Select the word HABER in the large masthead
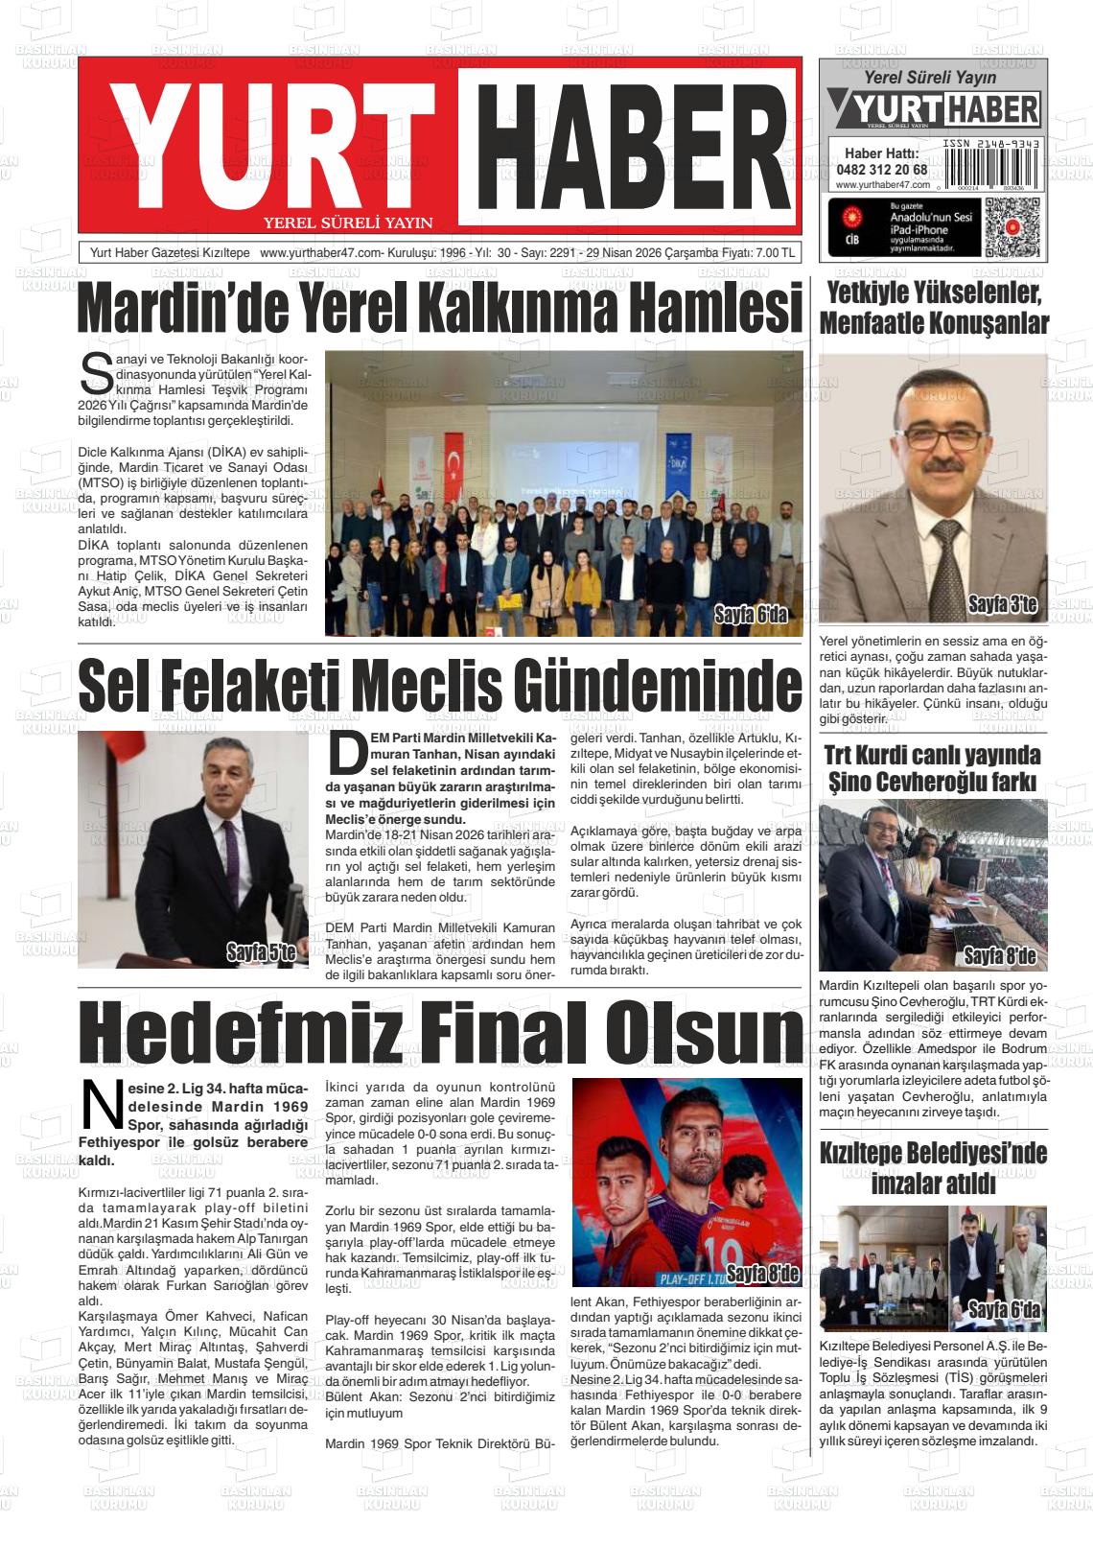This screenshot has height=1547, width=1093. click(626, 144)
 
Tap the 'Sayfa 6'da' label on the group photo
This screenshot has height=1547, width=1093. click(750, 614)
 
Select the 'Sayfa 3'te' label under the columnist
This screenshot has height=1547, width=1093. click(1002, 605)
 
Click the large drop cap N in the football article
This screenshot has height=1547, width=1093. click(99, 1105)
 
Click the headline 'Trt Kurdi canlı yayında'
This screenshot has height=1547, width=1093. click(932, 755)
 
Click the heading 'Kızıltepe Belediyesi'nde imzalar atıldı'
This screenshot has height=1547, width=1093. click(933, 1167)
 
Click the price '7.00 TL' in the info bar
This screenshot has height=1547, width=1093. click(775, 253)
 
